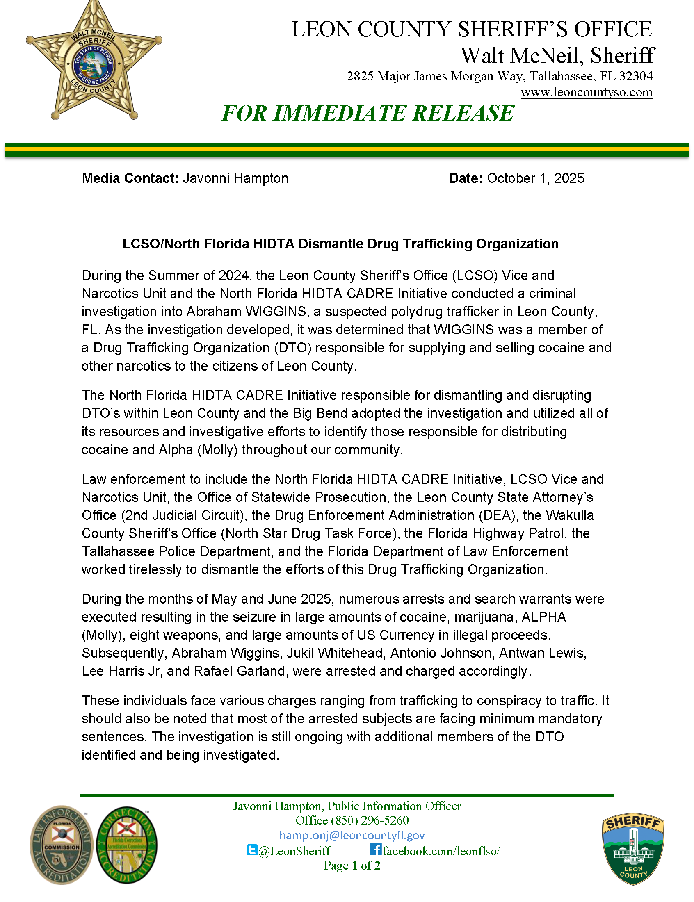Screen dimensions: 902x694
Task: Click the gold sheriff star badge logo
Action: click(94, 62)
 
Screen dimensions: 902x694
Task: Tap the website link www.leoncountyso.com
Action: click(586, 92)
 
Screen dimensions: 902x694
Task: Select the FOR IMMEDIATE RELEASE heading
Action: click(368, 113)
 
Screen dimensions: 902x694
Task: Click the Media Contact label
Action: click(130, 178)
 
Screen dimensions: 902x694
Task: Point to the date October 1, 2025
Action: click(535, 178)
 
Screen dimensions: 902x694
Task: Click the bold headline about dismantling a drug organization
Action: click(340, 244)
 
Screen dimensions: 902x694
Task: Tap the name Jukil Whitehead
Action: click(335, 653)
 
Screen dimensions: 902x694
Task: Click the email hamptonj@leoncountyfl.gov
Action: click(352, 836)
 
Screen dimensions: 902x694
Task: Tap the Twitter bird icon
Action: click(251, 850)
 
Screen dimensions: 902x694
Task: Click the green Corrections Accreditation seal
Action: click(127, 845)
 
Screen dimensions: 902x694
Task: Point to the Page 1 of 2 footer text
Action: click(352, 866)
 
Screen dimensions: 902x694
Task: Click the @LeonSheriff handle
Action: click(294, 851)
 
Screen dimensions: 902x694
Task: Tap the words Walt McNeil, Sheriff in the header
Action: click(557, 55)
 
